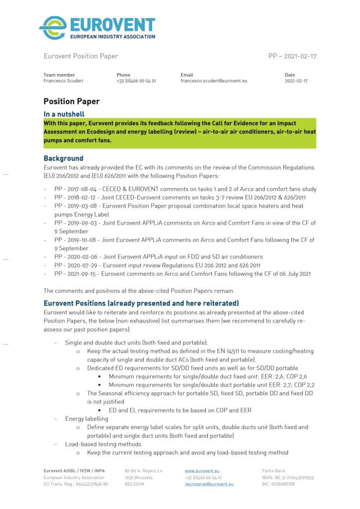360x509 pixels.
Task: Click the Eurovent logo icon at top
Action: pyautogui.click(x=53, y=28)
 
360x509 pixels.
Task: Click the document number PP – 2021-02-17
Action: pyautogui.click(x=292, y=56)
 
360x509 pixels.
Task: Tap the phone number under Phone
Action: pyautogui.click(x=136, y=81)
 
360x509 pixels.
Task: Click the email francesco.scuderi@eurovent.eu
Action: pyautogui.click(x=213, y=81)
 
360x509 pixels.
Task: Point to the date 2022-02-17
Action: pyautogui.click(x=296, y=81)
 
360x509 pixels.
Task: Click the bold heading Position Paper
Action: pyautogui.click(x=72, y=101)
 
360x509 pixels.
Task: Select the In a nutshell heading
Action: pyautogui.click(x=64, y=114)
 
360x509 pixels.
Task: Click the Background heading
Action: pyautogui.click(x=63, y=159)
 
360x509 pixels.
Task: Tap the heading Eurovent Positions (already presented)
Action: pyautogui.click(x=141, y=303)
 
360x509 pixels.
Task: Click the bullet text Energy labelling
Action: pyautogui.click(x=87, y=419)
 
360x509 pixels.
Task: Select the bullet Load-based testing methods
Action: pyautogui.click(x=103, y=444)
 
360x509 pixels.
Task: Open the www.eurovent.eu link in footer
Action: pyautogui.click(x=202, y=470)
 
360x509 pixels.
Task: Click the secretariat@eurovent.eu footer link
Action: pyautogui.click(x=209, y=484)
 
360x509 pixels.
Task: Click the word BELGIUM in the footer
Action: pyautogui.click(x=135, y=484)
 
